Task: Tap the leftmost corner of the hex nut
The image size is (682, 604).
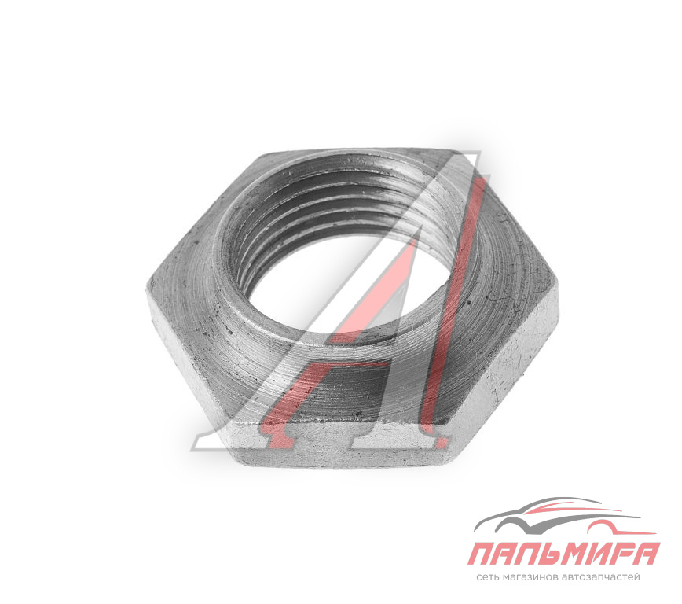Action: (148, 287)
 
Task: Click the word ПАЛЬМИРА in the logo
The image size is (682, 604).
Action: (564, 554)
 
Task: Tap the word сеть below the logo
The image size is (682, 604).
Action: (486, 578)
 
